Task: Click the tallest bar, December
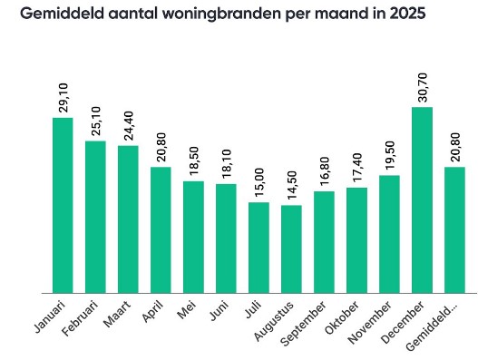(422, 200)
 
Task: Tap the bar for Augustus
(291, 249)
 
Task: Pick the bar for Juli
(259, 248)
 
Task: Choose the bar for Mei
(193, 238)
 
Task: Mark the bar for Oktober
(356, 240)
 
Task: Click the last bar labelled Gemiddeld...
(454, 230)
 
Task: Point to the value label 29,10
(63, 93)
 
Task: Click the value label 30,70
(422, 83)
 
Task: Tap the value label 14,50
(291, 181)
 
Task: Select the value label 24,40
(128, 122)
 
